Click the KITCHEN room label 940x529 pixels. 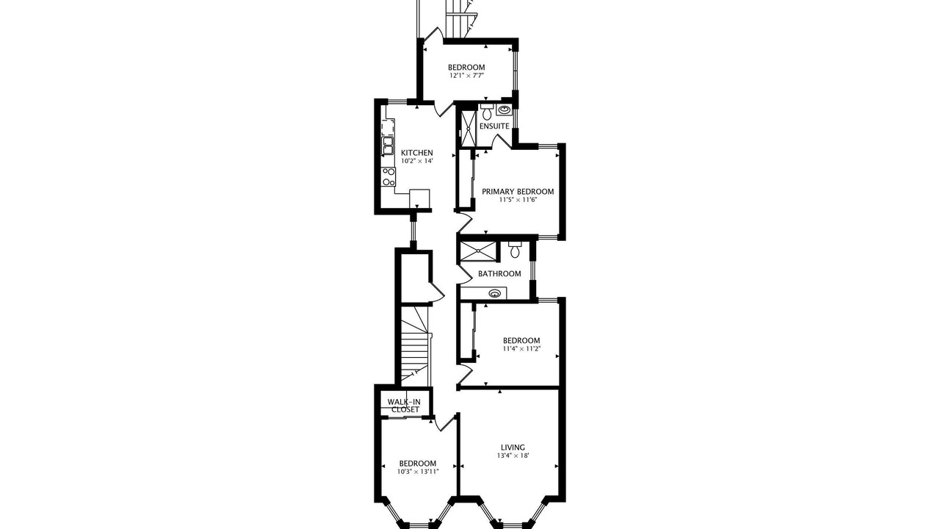[416, 153]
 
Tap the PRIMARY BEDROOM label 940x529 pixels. [518, 192]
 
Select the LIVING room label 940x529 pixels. [513, 447]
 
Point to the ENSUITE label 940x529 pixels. [494, 126]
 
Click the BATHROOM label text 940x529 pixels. [499, 274]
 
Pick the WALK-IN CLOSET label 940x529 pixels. [404, 406]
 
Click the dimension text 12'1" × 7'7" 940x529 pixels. [466, 76]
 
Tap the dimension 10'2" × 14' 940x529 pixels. [416, 161]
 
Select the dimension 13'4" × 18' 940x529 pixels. [513, 456]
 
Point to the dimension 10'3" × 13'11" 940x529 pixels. [418, 472]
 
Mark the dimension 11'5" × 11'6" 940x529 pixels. [518, 200]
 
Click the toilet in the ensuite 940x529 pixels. [487, 112]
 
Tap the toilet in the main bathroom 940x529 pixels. [515, 250]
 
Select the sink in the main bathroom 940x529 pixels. [495, 293]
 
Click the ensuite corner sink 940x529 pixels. [504, 110]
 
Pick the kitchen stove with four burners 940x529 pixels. [95, 177]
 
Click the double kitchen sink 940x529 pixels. [93, 145]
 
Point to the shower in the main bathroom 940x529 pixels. [477, 251]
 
